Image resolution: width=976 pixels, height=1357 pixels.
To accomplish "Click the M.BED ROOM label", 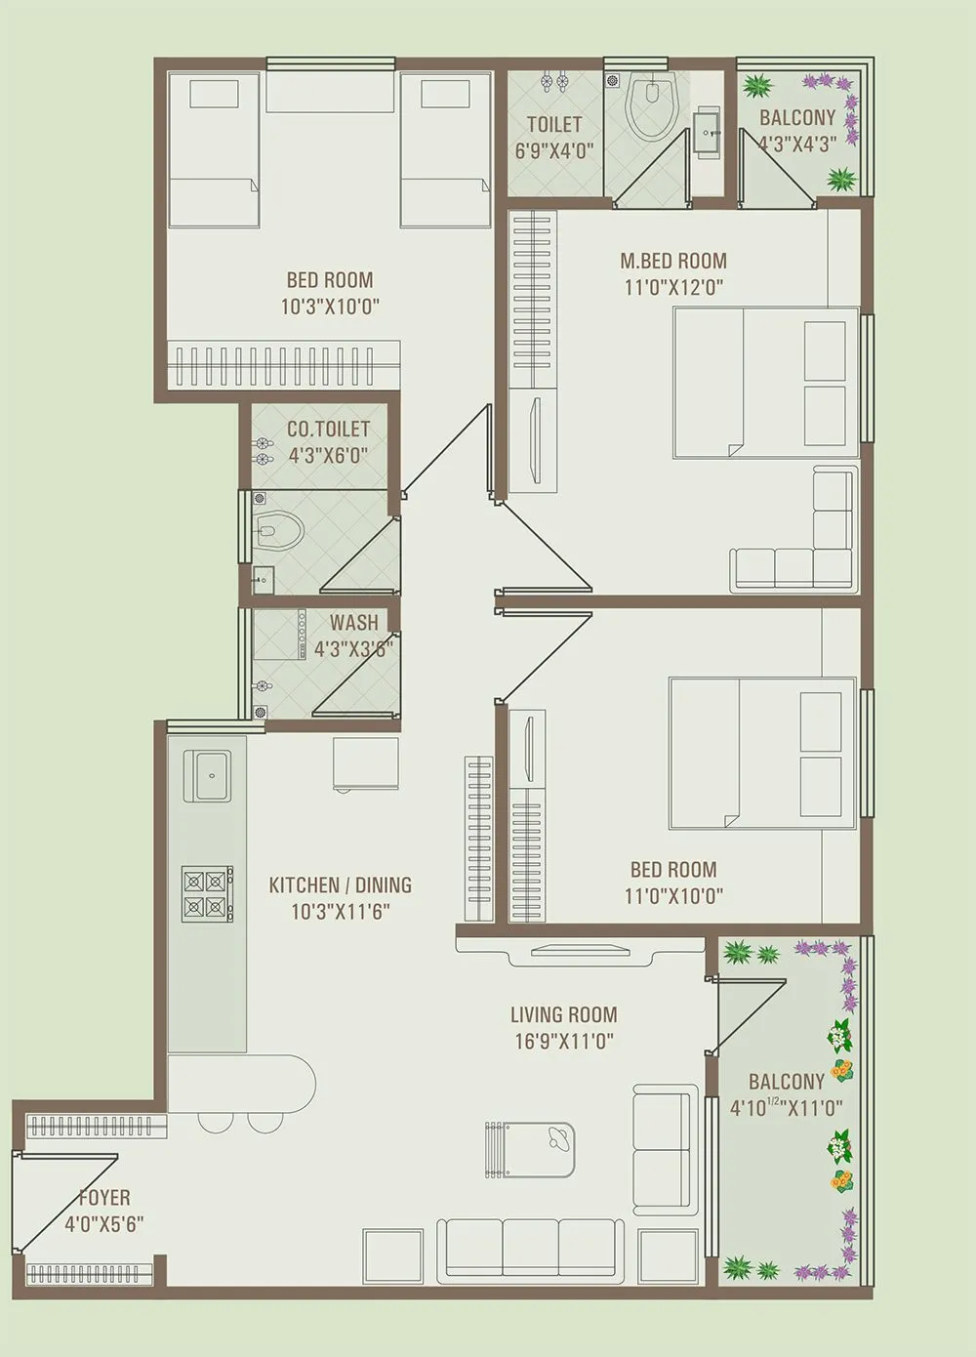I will point(673,261).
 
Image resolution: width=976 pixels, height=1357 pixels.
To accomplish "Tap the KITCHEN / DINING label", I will point(340,884).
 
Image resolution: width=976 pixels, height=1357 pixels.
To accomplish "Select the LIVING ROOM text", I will point(563,1014).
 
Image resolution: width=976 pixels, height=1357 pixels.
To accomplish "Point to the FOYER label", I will point(103,1198).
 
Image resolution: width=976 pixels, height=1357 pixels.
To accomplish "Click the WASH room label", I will point(353,622).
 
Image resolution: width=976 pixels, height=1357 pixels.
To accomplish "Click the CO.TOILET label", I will point(328,429).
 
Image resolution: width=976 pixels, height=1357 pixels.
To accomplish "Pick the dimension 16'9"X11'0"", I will point(563,1041).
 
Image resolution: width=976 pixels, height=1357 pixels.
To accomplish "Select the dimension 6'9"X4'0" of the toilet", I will point(553,150).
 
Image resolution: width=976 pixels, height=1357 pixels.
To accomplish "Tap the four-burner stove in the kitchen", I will point(207,893).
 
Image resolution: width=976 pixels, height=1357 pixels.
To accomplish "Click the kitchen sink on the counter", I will point(207,776).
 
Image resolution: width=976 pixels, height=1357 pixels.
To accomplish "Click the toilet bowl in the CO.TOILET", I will point(279,531).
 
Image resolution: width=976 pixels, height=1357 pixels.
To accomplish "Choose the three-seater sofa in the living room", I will point(531,1248).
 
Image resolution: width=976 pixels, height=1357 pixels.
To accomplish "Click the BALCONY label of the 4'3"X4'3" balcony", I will point(797,118).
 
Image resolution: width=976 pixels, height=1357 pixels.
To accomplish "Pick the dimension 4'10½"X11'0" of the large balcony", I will point(786,1108).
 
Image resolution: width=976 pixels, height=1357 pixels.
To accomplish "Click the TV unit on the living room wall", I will point(580,953).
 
